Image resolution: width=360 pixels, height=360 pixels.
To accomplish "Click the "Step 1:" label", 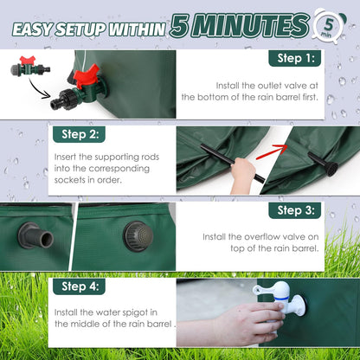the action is (295, 59).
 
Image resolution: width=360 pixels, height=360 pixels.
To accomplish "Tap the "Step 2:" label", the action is (80, 134).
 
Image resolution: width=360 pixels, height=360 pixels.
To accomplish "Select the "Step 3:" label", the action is (295, 210).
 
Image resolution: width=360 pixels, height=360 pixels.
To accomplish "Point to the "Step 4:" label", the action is (80, 286).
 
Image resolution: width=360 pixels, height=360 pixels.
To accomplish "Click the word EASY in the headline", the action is (32, 29).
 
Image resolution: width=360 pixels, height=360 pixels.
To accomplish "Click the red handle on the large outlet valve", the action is (86, 75).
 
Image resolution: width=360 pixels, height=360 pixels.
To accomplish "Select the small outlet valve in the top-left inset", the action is (30, 67).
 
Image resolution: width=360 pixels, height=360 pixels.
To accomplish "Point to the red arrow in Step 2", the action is (271, 151).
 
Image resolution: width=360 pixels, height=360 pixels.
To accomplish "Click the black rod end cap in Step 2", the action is (330, 169).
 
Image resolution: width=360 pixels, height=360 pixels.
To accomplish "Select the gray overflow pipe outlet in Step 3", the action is (36, 235).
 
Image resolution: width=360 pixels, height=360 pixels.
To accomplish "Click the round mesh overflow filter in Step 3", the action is (138, 236).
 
